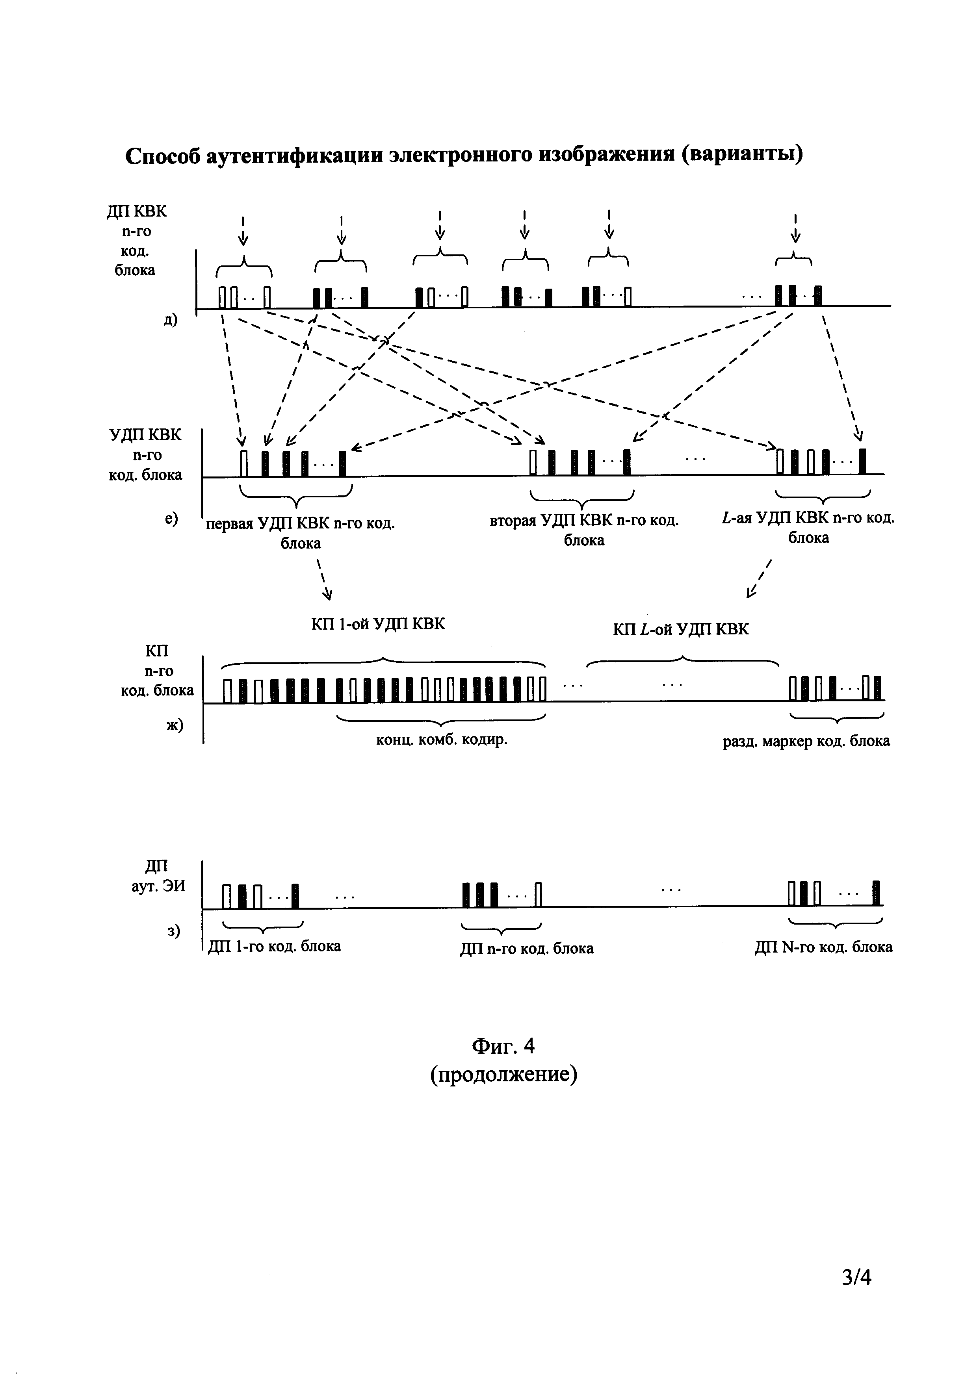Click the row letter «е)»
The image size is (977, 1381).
point(171,517)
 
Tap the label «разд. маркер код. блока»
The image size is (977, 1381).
point(806,741)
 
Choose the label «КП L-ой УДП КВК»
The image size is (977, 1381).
point(681,630)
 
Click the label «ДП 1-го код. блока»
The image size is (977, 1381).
point(274,946)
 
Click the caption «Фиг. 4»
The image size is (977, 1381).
point(503,1047)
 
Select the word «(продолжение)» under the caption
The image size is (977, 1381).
point(503,1073)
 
